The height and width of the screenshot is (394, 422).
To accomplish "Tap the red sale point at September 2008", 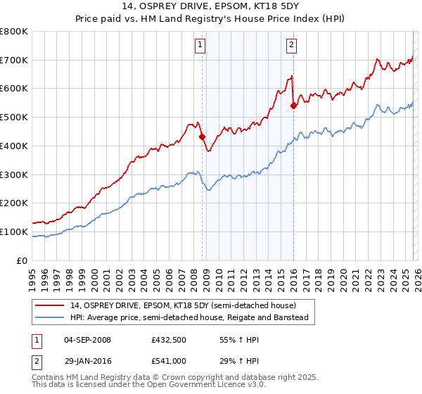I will pos(202,136).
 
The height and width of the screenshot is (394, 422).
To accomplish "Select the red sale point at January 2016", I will pos(293,106).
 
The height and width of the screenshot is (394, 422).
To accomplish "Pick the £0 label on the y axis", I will pos(23,260).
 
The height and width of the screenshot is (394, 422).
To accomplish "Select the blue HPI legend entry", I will pos(188,317).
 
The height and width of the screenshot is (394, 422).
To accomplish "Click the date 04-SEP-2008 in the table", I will pos(87,339).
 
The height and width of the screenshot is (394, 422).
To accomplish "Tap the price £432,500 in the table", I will pos(169,339).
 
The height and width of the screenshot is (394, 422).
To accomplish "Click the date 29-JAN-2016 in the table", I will pos(87,360).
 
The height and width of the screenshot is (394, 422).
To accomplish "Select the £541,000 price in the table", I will pos(169,360).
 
